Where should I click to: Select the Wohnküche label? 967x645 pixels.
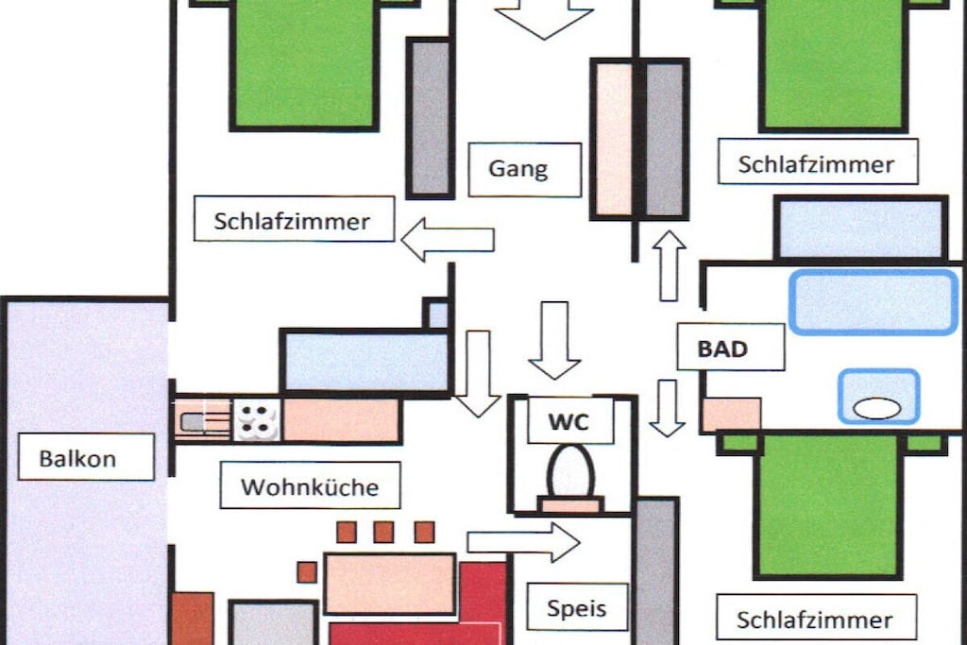pyautogui.click(x=310, y=486)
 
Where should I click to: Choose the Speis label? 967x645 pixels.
pyautogui.click(x=577, y=607)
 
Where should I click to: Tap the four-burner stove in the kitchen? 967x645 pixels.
pyautogui.click(x=257, y=419)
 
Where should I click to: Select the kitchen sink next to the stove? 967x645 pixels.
pyautogui.click(x=203, y=420)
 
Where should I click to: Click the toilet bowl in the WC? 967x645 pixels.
pyautogui.click(x=570, y=472)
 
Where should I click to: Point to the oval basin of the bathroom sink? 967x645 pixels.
pyautogui.click(x=877, y=408)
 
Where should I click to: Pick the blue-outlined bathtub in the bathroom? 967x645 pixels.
pyautogui.click(x=874, y=302)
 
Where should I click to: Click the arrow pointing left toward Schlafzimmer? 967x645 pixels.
pyautogui.click(x=448, y=239)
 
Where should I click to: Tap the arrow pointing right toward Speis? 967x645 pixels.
pyautogui.click(x=523, y=542)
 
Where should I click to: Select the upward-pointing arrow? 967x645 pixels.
pyautogui.click(x=670, y=265)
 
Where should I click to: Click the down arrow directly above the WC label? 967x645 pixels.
pyautogui.click(x=554, y=340)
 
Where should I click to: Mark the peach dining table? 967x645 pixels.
pyautogui.click(x=390, y=584)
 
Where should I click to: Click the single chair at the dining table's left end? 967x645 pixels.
pyautogui.click(x=307, y=572)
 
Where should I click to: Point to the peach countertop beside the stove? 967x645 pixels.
pyautogui.click(x=341, y=420)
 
